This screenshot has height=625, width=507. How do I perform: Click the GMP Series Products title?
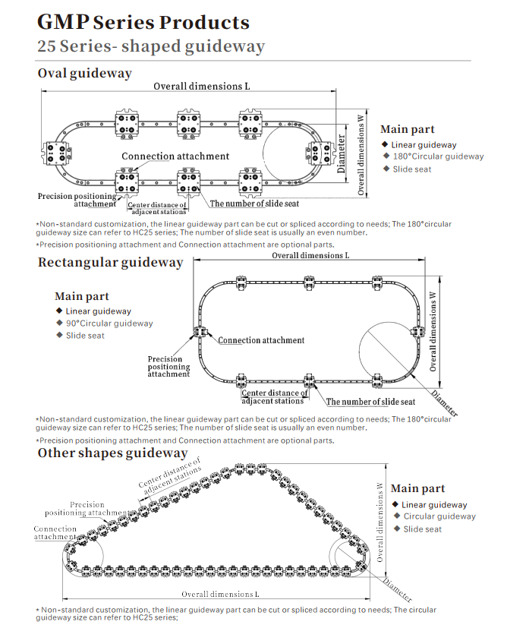[x=143, y=22]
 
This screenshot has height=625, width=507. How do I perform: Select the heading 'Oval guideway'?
[x=85, y=74]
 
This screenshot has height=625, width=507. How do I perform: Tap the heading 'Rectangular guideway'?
[x=111, y=263]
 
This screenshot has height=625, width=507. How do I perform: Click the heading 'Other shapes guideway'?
[x=112, y=453]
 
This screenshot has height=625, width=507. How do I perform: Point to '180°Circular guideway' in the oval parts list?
[x=438, y=156]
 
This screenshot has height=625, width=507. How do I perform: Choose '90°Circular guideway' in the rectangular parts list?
[x=109, y=324]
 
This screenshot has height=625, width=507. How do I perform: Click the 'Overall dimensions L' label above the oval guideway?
[x=201, y=86]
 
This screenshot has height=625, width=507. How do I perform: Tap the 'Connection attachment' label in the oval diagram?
[x=175, y=156]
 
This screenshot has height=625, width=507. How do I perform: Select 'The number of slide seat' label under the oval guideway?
[x=254, y=204]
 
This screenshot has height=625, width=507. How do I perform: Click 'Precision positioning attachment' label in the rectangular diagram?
[x=168, y=367]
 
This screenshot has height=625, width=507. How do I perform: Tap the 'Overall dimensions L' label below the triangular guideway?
[x=220, y=593]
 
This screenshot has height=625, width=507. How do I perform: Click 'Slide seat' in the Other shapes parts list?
[x=422, y=529]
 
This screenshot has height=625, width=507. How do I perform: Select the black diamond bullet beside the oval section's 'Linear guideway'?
[x=385, y=144]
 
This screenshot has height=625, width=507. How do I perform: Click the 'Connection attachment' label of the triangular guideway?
[x=55, y=533]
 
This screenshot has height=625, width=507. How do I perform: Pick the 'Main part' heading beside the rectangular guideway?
[x=81, y=297]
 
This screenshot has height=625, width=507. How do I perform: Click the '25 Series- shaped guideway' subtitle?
[x=151, y=46]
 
